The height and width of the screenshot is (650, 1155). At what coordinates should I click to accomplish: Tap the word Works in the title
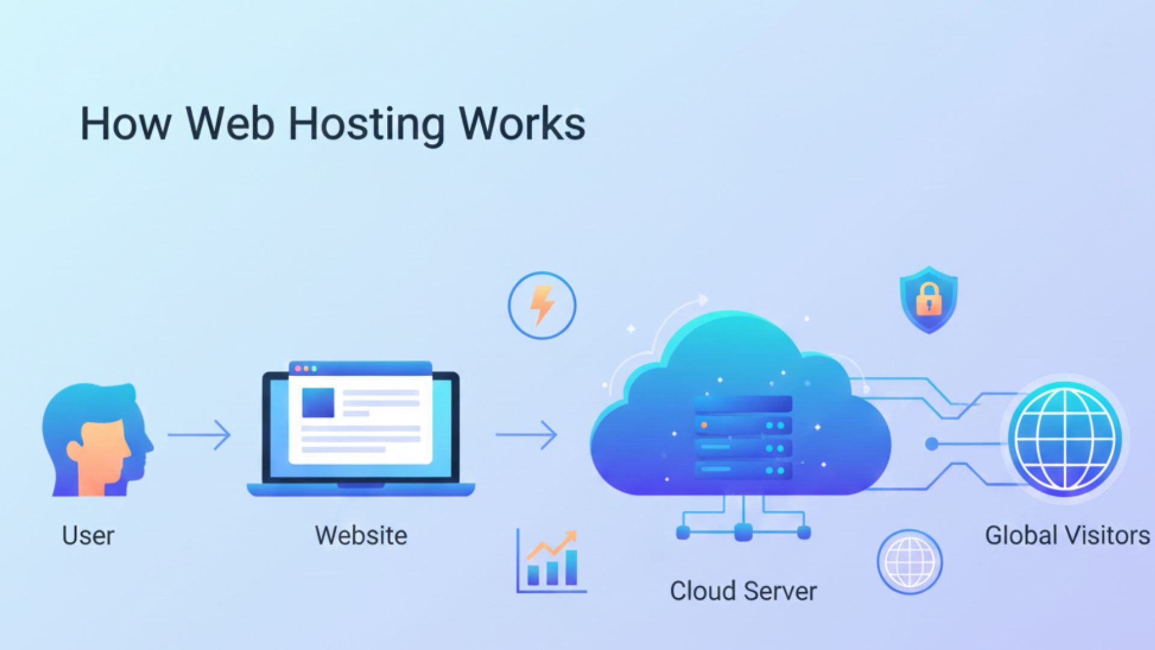(x=522, y=124)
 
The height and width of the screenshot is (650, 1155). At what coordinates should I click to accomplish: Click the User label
(x=88, y=535)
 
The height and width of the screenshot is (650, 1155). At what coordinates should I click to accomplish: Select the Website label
(x=361, y=535)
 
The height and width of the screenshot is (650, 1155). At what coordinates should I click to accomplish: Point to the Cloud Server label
(x=743, y=591)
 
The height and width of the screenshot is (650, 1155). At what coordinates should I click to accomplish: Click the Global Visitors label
(x=1067, y=535)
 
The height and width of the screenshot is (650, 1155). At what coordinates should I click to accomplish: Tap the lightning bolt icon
(x=541, y=305)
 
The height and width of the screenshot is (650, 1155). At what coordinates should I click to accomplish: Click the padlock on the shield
(x=929, y=299)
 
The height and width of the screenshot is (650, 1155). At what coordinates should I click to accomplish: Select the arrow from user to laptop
(x=199, y=435)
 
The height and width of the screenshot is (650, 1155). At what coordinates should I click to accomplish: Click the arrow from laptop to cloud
(x=526, y=435)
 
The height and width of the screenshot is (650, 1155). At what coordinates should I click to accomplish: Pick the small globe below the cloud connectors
(x=909, y=562)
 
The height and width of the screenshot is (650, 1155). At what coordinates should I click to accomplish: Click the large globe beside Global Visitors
(x=1065, y=439)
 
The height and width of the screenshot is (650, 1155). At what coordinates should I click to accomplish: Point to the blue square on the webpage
(x=318, y=402)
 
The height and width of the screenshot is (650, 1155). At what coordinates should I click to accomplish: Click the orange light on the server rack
(x=703, y=426)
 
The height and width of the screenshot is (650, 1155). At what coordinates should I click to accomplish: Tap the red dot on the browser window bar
(x=297, y=368)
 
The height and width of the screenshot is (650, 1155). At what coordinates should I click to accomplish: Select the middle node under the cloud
(x=744, y=532)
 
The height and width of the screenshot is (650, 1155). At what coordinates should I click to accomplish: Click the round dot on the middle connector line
(x=931, y=444)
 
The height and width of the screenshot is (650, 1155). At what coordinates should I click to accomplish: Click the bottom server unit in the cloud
(x=743, y=470)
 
